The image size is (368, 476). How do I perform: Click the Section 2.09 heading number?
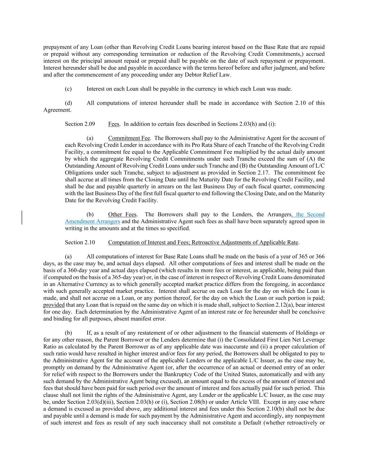(80, 124)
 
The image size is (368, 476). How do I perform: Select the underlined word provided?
(54, 305)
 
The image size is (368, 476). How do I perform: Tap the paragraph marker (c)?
(68, 89)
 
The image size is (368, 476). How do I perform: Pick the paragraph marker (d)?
(68, 103)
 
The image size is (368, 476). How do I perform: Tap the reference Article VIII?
(247, 402)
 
